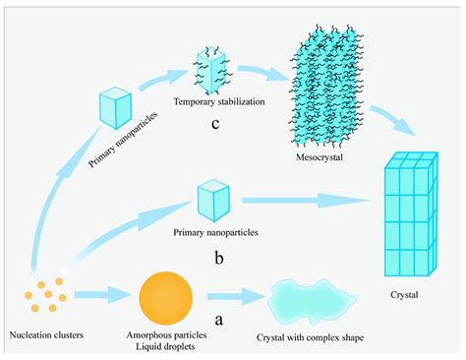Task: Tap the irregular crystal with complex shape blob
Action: tap(308, 296)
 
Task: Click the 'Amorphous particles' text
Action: tap(165, 336)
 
